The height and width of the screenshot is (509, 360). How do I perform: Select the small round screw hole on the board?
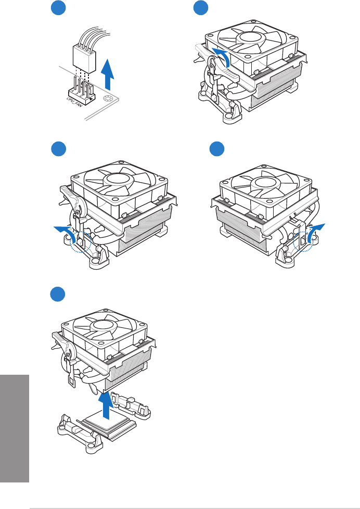108,98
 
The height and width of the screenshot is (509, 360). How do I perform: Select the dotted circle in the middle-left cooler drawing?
81,241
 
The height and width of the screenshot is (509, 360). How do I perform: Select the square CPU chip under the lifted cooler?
105,422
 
